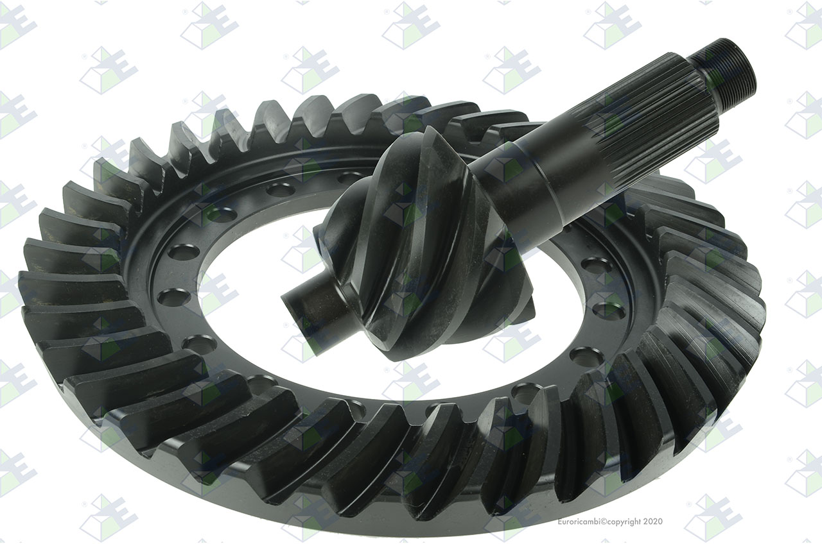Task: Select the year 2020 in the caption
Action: tap(653, 522)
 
